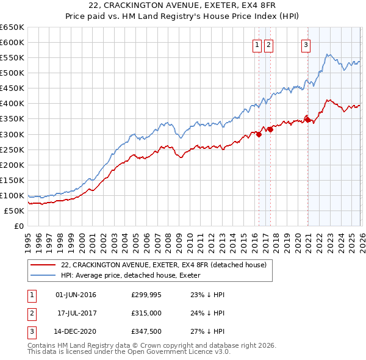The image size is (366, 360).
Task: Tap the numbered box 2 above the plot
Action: coord(268,44)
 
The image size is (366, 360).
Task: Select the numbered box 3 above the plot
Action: coord(305,44)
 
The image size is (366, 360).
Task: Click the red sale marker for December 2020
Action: coord(308,120)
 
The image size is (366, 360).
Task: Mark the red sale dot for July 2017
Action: coord(270,129)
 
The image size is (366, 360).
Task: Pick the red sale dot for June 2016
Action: coord(259,134)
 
